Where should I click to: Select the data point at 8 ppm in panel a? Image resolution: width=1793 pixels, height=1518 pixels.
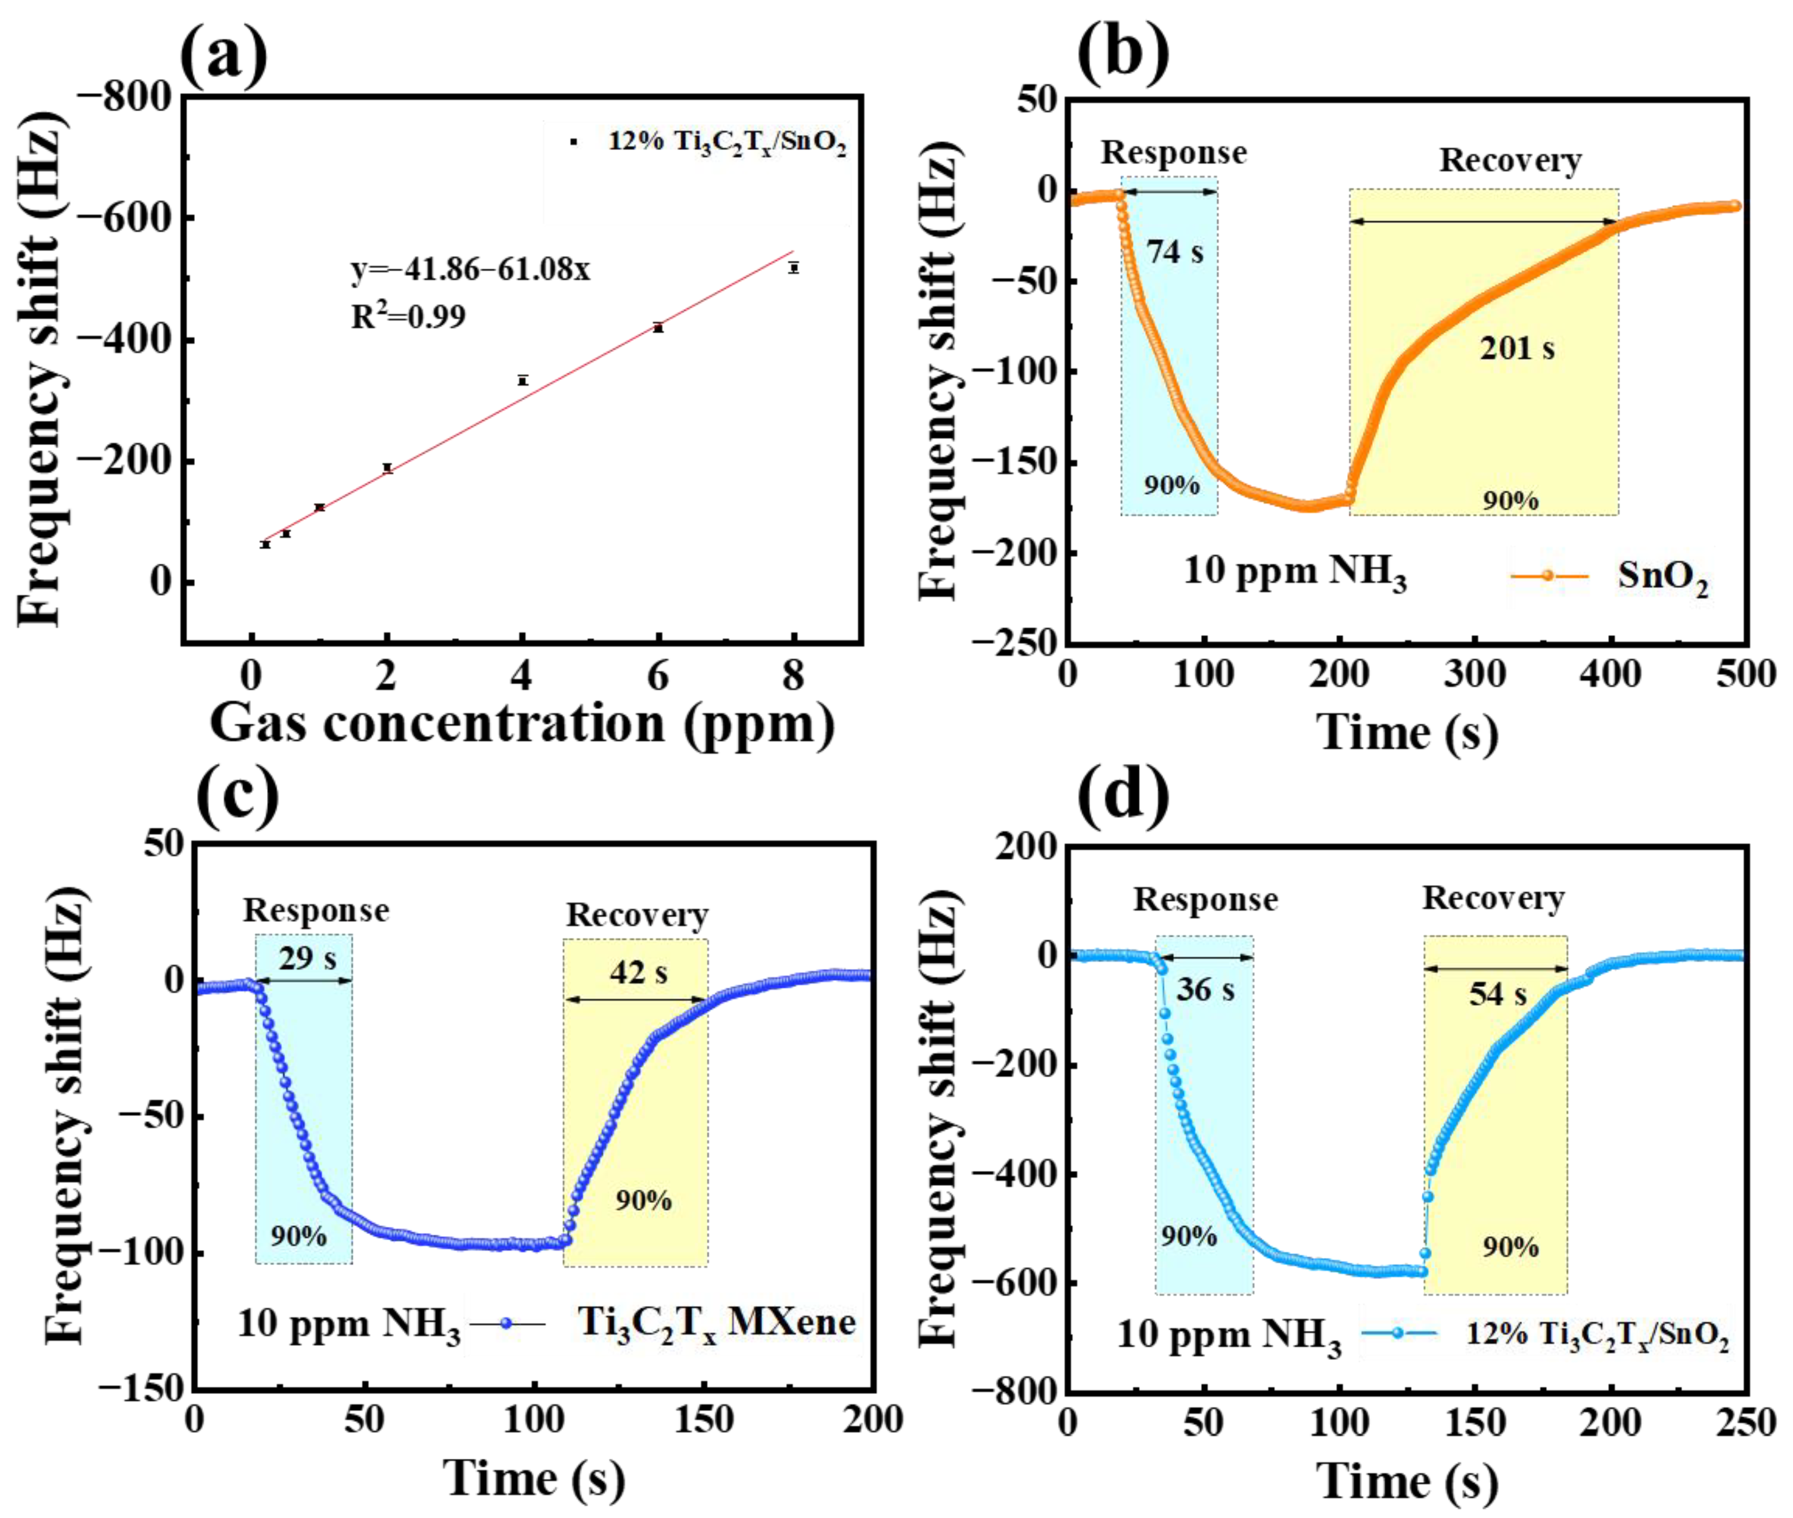coord(794,267)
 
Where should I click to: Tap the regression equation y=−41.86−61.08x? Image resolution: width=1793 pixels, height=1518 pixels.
coord(470,270)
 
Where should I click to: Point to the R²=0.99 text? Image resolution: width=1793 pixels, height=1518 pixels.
coord(408,317)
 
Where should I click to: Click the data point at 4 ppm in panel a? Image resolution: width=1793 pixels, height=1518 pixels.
coord(522,380)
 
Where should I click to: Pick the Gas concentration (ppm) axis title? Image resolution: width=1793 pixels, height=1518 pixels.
coord(522,723)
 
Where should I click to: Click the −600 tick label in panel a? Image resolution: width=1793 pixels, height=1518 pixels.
coord(126,217)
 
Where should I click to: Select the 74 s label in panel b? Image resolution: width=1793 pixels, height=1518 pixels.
coord(1174,251)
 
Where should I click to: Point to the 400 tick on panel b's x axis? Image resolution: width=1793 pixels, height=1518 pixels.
coord(1611,674)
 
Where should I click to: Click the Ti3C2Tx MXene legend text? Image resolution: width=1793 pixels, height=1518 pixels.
coord(716,1322)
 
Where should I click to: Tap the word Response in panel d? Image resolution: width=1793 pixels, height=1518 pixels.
coord(1205,899)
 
